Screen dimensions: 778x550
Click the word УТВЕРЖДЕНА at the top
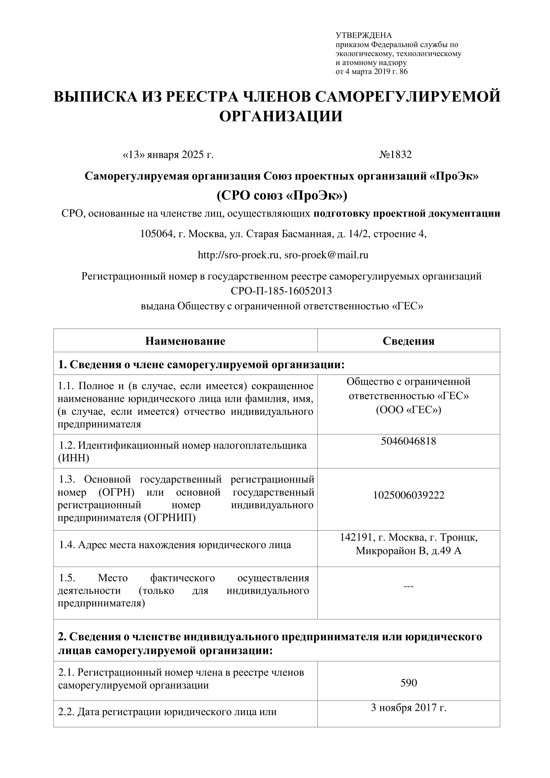pos(363,36)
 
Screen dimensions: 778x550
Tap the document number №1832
pos(395,155)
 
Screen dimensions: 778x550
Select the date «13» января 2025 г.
pos(168,155)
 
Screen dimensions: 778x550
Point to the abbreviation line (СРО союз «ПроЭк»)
pos(282,196)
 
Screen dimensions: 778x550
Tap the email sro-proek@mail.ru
pos(326,255)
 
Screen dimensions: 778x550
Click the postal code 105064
pos(157,234)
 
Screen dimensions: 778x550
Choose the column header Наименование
pos(185,341)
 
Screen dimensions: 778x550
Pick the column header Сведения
pos(408,341)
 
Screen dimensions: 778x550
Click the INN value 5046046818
pos(408,441)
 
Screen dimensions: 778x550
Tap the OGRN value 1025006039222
pos(408,495)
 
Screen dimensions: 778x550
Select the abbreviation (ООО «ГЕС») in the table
pos(408,410)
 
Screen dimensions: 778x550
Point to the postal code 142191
pos(355,537)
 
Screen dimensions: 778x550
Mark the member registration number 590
pos(408,683)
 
